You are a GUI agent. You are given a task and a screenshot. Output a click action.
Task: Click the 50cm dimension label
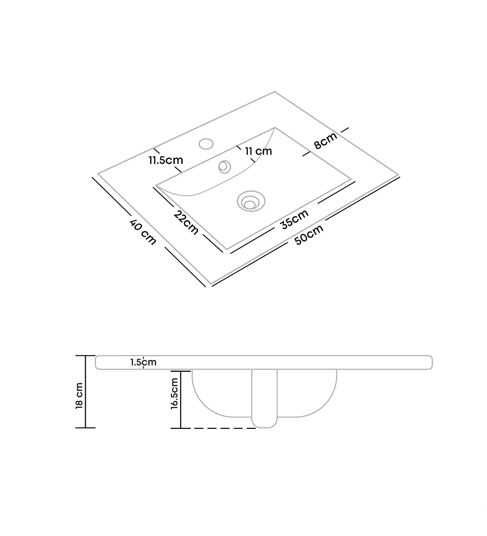309,234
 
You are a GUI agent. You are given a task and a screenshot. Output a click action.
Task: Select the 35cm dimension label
295,219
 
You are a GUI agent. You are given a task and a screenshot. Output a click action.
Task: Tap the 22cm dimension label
186,223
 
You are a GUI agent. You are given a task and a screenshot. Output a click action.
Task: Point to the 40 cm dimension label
143,232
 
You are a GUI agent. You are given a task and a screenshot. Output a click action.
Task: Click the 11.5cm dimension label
166,160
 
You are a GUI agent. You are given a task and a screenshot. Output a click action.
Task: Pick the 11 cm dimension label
259,151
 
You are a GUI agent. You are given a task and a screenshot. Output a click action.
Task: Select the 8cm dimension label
326,140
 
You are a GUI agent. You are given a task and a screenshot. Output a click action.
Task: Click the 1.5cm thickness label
144,362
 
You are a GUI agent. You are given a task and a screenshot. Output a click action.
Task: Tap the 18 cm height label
79,396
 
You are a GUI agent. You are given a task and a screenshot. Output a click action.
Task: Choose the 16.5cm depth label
175,393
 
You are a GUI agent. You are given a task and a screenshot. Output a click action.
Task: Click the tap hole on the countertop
206,144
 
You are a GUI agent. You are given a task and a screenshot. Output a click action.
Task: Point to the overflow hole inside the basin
225,167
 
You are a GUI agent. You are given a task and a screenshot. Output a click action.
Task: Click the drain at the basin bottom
251,201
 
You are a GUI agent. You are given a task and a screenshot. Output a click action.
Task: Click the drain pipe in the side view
264,398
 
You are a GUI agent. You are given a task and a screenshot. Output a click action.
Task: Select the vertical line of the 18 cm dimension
85,392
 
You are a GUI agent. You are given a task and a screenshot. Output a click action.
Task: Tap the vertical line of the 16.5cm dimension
181,400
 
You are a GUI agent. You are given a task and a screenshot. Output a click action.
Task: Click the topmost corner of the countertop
275,92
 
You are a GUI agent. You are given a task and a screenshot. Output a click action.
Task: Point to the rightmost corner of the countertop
398,175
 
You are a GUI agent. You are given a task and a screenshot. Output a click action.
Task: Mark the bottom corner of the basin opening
226,249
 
